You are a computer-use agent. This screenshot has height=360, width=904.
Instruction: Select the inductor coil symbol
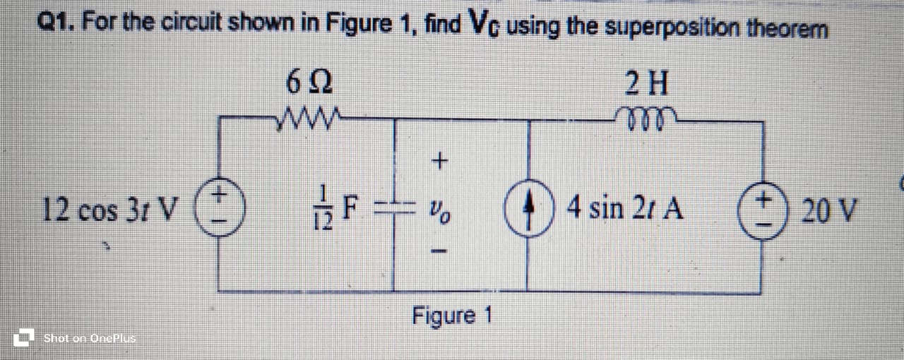pos(645,116)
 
